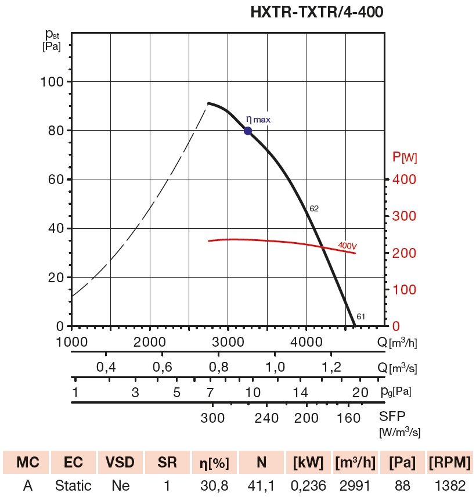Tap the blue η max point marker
tap(248, 131)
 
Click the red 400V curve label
tap(347, 246)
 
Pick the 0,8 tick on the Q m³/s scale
tap(218, 367)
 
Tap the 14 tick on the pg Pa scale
tap(300, 392)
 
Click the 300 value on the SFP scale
tap(212, 418)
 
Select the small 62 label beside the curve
tap(314, 208)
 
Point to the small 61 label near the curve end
tap(360, 316)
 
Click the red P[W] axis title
tap(405, 157)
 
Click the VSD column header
tap(120, 462)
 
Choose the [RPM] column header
tap(450, 462)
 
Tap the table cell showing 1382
tap(450, 485)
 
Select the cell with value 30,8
tap(214, 485)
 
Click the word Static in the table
tap(73, 485)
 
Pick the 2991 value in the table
tap(355, 485)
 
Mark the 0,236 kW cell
tap(308, 485)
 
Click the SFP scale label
tap(393, 417)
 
